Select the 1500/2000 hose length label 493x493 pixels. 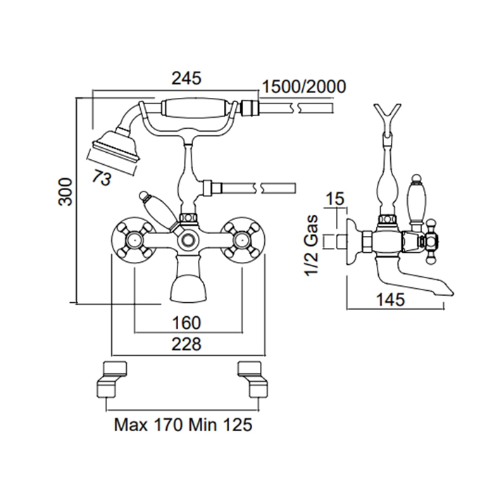coord(304,87)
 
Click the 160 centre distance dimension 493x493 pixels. coord(186,323)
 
